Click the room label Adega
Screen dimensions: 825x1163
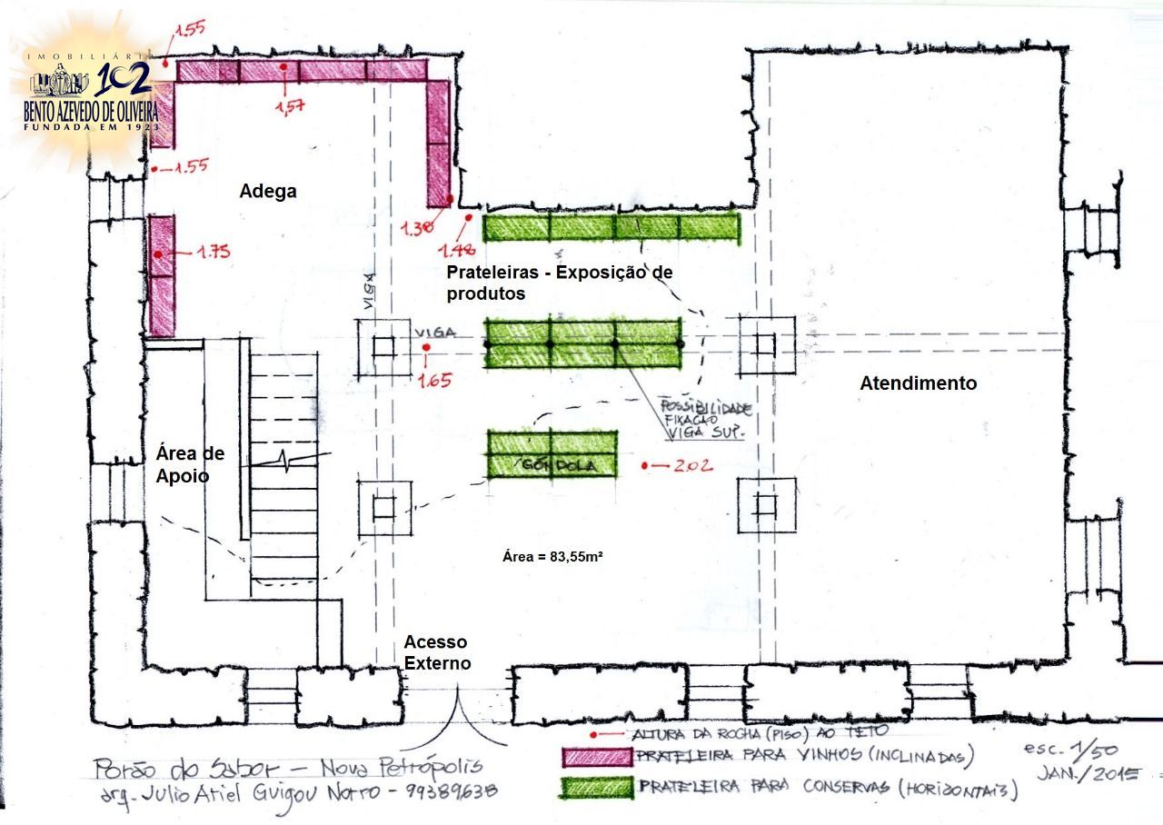[x=268, y=192]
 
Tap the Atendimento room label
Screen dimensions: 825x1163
[x=918, y=383]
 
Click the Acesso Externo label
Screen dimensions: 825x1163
[x=438, y=652]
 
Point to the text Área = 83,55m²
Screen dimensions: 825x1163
[x=553, y=556]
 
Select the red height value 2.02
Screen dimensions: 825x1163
[x=693, y=466]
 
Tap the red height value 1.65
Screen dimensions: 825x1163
[x=434, y=380]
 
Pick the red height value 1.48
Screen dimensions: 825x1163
[x=458, y=247]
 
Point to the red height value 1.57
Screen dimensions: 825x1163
[x=289, y=107]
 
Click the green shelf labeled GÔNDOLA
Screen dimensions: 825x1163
[x=552, y=454]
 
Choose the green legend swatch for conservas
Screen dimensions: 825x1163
[x=596, y=787]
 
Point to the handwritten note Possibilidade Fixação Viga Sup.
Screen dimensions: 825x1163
[x=704, y=417]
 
